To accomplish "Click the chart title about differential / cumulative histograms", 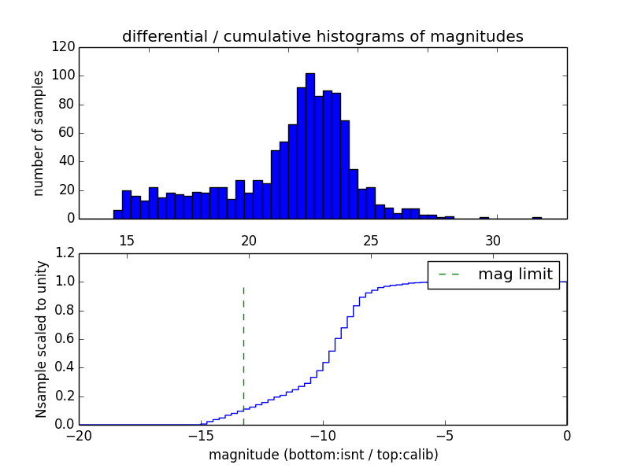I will coord(322,37).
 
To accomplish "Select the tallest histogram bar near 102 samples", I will coord(310,146).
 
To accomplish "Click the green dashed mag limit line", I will coord(243,346).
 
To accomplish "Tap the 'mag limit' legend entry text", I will coord(515,274).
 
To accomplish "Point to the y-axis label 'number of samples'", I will coord(39,133).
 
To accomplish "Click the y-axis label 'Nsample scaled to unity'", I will coord(41,339).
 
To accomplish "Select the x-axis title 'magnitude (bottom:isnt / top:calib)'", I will coord(323,455).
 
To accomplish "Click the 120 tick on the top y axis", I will coord(66,47).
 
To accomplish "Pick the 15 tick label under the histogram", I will coord(127,240).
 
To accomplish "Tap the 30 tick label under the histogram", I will coord(493,240).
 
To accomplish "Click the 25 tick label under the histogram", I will coord(371,240).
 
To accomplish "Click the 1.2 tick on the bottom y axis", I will coord(66,253).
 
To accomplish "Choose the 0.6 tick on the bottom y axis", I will coord(66,339).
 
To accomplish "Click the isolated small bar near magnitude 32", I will coord(536,217).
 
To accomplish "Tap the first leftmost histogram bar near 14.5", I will coord(118,214).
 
